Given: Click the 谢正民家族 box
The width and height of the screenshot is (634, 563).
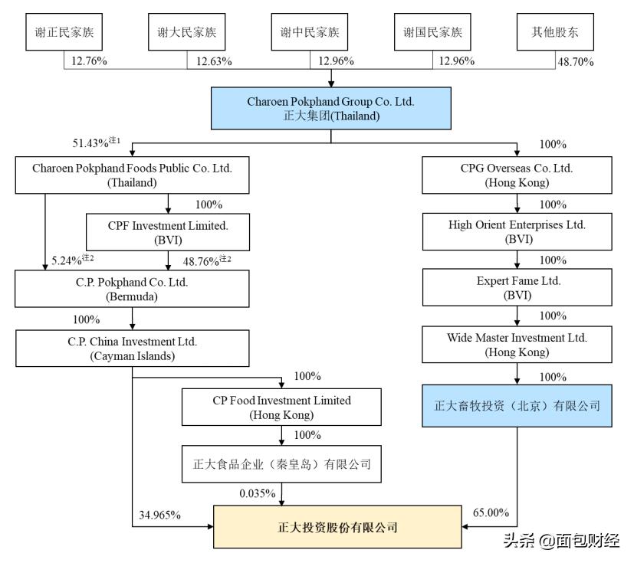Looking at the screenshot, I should pos(64,32).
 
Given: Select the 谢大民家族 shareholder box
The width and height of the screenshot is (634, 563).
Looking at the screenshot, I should pos(186,32).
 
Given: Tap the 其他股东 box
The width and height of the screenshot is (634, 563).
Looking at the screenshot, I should pos(554,32).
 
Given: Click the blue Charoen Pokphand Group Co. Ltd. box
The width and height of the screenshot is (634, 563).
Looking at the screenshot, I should pos(330,109).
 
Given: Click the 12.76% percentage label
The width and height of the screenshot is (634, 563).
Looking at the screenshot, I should pos(89,61).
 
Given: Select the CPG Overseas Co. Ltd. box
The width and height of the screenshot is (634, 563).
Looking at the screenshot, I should pos(517,175).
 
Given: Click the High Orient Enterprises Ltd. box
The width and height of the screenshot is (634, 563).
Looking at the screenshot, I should pos(517,232).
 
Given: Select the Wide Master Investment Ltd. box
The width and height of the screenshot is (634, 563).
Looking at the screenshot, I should pos(517,345).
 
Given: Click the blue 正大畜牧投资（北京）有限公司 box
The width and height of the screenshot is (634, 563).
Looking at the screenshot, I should pos(517,405).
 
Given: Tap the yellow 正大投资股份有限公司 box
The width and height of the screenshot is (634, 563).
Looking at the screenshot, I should pos(337,527).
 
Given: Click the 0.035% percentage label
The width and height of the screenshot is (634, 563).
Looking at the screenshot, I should pos(257,493).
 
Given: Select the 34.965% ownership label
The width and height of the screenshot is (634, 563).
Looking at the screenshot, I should pos(160,515).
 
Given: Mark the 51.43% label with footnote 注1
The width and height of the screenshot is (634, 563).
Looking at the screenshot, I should pos(96,143).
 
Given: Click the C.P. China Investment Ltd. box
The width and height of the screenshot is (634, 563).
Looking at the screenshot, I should pos(132,348).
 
